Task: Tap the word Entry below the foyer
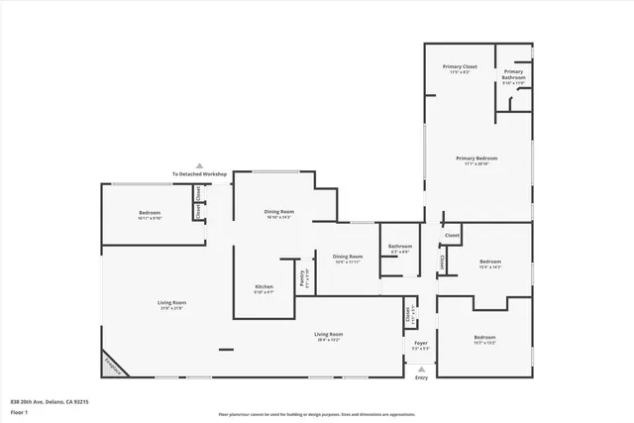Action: click(421, 377)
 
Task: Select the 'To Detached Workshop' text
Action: click(199, 174)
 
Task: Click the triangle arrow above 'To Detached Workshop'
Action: click(199, 165)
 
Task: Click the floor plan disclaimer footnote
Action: click(317, 415)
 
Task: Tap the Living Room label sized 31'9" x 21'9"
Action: click(171, 305)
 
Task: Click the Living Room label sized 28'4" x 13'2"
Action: click(328, 337)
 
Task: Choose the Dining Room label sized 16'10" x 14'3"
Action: click(279, 214)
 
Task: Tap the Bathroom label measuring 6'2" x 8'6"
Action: click(400, 249)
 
